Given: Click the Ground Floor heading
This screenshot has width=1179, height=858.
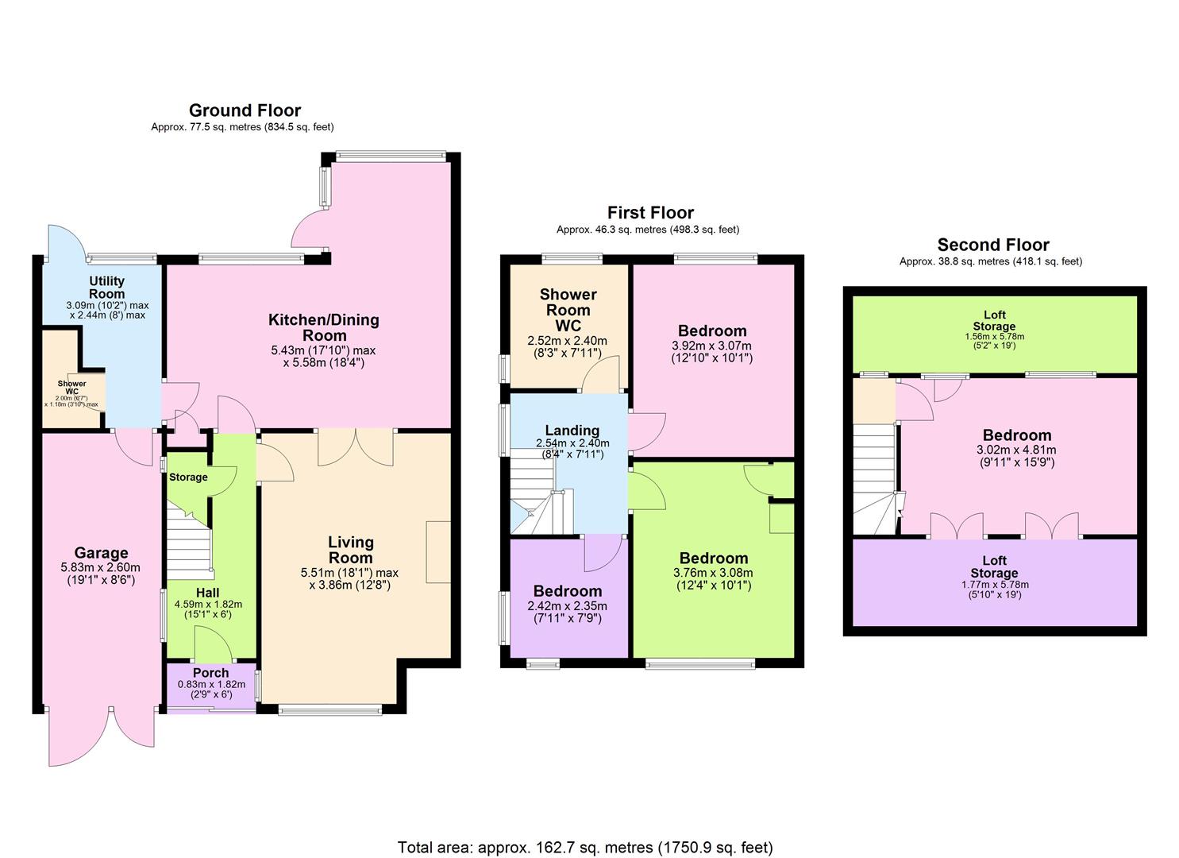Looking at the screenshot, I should pyautogui.click(x=245, y=110).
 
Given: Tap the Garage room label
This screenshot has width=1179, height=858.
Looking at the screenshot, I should pyautogui.click(x=101, y=553).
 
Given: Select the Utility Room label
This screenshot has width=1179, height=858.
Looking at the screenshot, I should pyautogui.click(x=106, y=287).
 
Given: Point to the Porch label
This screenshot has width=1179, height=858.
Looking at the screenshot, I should pyautogui.click(x=211, y=673).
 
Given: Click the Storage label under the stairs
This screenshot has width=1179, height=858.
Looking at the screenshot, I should pyautogui.click(x=188, y=477).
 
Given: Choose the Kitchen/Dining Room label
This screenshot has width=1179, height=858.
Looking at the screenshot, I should pyautogui.click(x=323, y=327).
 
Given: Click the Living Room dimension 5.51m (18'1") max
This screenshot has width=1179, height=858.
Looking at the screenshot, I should pyautogui.click(x=349, y=573).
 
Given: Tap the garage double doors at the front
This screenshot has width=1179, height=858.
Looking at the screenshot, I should pyautogui.click(x=102, y=735).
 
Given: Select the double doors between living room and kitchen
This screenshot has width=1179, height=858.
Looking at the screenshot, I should pyautogui.click(x=356, y=446).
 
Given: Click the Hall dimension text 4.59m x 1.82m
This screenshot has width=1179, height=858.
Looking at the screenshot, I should pyautogui.click(x=208, y=605).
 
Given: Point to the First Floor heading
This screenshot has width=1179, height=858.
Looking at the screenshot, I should pyautogui.click(x=650, y=213).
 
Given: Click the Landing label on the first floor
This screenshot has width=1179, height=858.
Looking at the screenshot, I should pyautogui.click(x=572, y=431).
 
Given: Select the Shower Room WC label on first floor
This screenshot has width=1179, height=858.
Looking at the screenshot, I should pyautogui.click(x=568, y=310).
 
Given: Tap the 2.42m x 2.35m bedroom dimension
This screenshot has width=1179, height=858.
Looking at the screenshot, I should pyautogui.click(x=567, y=606).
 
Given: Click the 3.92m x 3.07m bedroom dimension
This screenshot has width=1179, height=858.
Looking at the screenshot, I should pyautogui.click(x=711, y=346).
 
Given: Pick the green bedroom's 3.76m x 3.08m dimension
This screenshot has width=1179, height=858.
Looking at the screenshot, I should pyautogui.click(x=713, y=573).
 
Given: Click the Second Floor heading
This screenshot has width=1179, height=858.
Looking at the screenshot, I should pyautogui.click(x=992, y=245).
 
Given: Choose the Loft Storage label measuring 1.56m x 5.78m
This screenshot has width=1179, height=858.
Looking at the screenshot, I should pyautogui.click(x=994, y=321).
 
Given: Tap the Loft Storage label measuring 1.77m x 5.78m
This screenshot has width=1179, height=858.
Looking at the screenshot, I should pyautogui.click(x=994, y=567).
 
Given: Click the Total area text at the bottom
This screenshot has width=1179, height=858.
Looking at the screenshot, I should pyautogui.click(x=585, y=848).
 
